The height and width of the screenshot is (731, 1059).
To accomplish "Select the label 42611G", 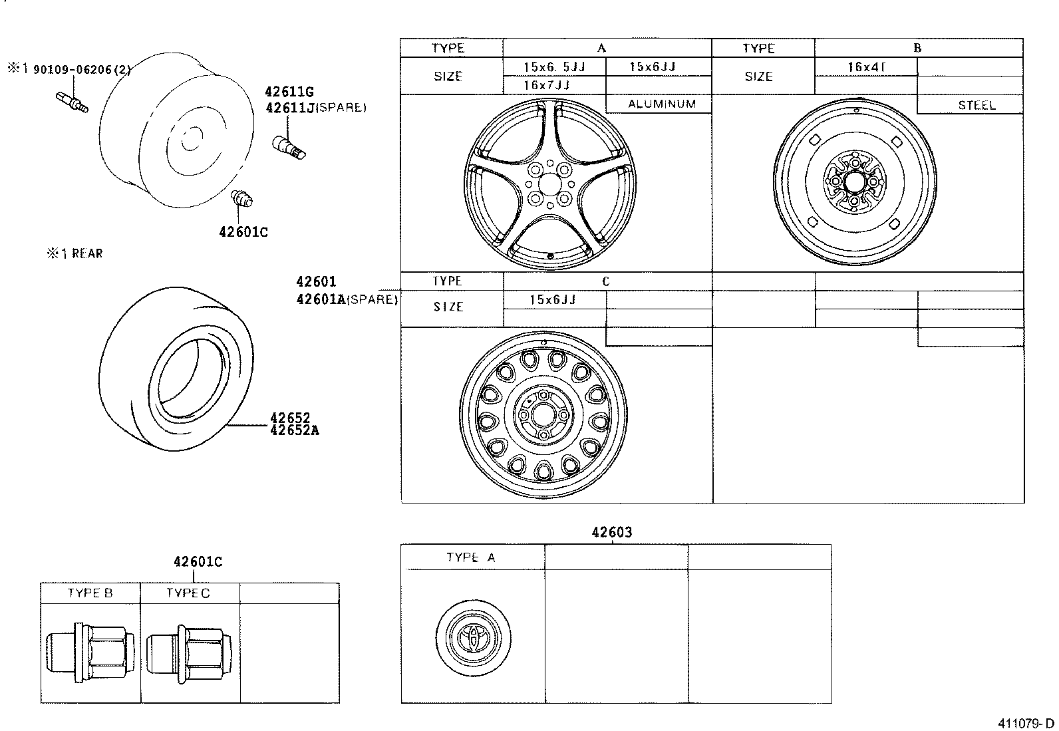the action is (x=289, y=92).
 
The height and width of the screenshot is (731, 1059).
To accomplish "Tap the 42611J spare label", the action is (x=316, y=108).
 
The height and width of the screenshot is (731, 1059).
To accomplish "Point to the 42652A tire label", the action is (x=295, y=430).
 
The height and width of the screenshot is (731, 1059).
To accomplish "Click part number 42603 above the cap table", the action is (x=612, y=532).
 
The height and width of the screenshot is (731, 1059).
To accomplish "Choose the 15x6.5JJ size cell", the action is (x=554, y=67).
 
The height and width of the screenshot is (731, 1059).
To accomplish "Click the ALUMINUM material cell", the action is (x=662, y=104).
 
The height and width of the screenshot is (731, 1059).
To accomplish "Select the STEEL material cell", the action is (x=977, y=106).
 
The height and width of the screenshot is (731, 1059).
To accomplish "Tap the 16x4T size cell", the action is (x=866, y=67).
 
